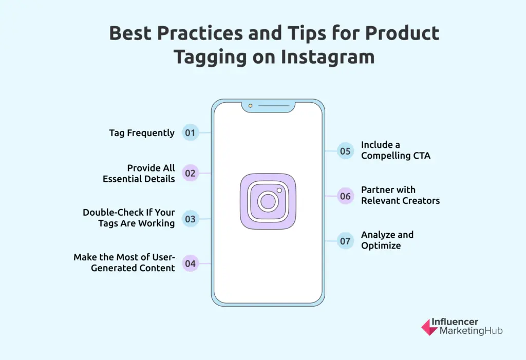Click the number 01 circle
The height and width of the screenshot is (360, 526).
pyautogui.click(x=191, y=133)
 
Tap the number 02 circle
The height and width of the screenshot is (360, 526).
pyautogui.click(x=191, y=173)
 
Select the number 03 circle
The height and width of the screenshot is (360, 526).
pyautogui.click(x=191, y=219)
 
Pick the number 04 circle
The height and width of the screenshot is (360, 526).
pyautogui.click(x=191, y=264)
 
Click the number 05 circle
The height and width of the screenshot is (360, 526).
pyautogui.click(x=345, y=151)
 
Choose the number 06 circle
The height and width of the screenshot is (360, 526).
pyautogui.click(x=345, y=196)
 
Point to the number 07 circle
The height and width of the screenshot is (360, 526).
pyautogui.click(x=345, y=241)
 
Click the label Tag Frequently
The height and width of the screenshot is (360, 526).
pyautogui.click(x=142, y=133)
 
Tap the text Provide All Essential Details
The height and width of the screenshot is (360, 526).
pyautogui.click(x=139, y=174)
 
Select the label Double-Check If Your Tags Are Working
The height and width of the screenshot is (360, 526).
pyautogui.click(x=129, y=218)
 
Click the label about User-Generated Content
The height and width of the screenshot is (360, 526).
pyautogui.click(x=124, y=262)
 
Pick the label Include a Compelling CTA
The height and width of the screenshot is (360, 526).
pyautogui.click(x=396, y=150)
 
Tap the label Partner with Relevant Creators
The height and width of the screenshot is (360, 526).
pyautogui.click(x=400, y=195)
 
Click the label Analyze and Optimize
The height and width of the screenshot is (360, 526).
pyautogui.click(x=387, y=240)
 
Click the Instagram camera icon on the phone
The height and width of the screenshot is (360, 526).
pyautogui.click(x=268, y=201)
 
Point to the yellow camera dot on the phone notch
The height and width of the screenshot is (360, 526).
pyautogui.click(x=250, y=106)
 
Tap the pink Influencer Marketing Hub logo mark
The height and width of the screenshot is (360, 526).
pyautogui.click(x=429, y=327)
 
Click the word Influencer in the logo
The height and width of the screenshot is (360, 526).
pyautogui.click(x=455, y=322)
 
